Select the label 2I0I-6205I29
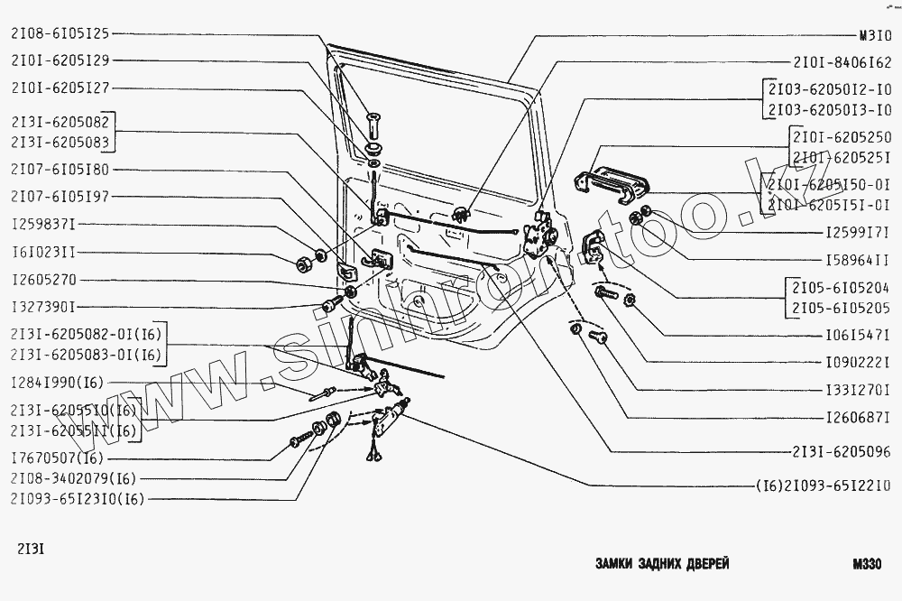point(60,62)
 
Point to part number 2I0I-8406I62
point(842,63)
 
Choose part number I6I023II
point(43,254)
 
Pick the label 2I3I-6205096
point(842,451)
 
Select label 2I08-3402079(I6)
point(74,478)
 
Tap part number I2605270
point(43,280)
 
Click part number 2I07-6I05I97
point(60,196)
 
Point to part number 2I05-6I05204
point(841,290)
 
